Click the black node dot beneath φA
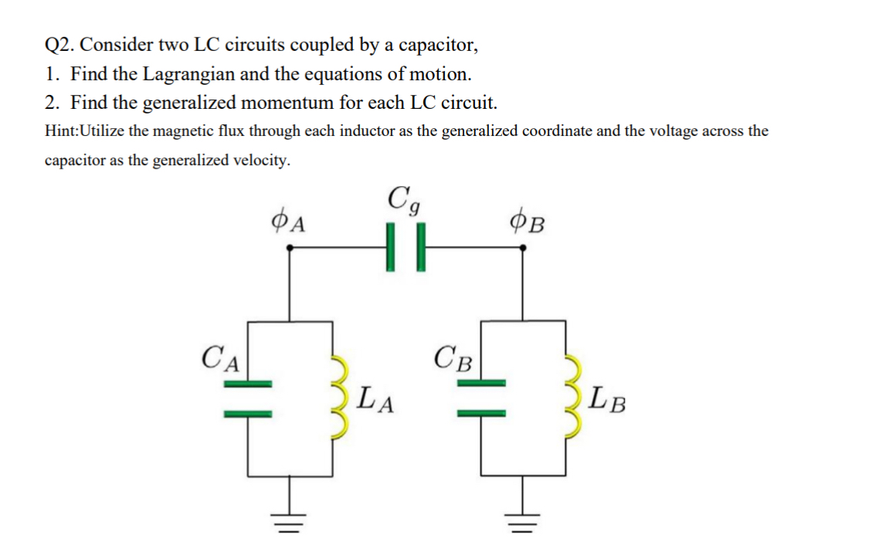(x=290, y=248)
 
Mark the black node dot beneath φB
(x=524, y=248)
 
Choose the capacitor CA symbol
(x=249, y=399)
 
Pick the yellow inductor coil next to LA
(x=341, y=398)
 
